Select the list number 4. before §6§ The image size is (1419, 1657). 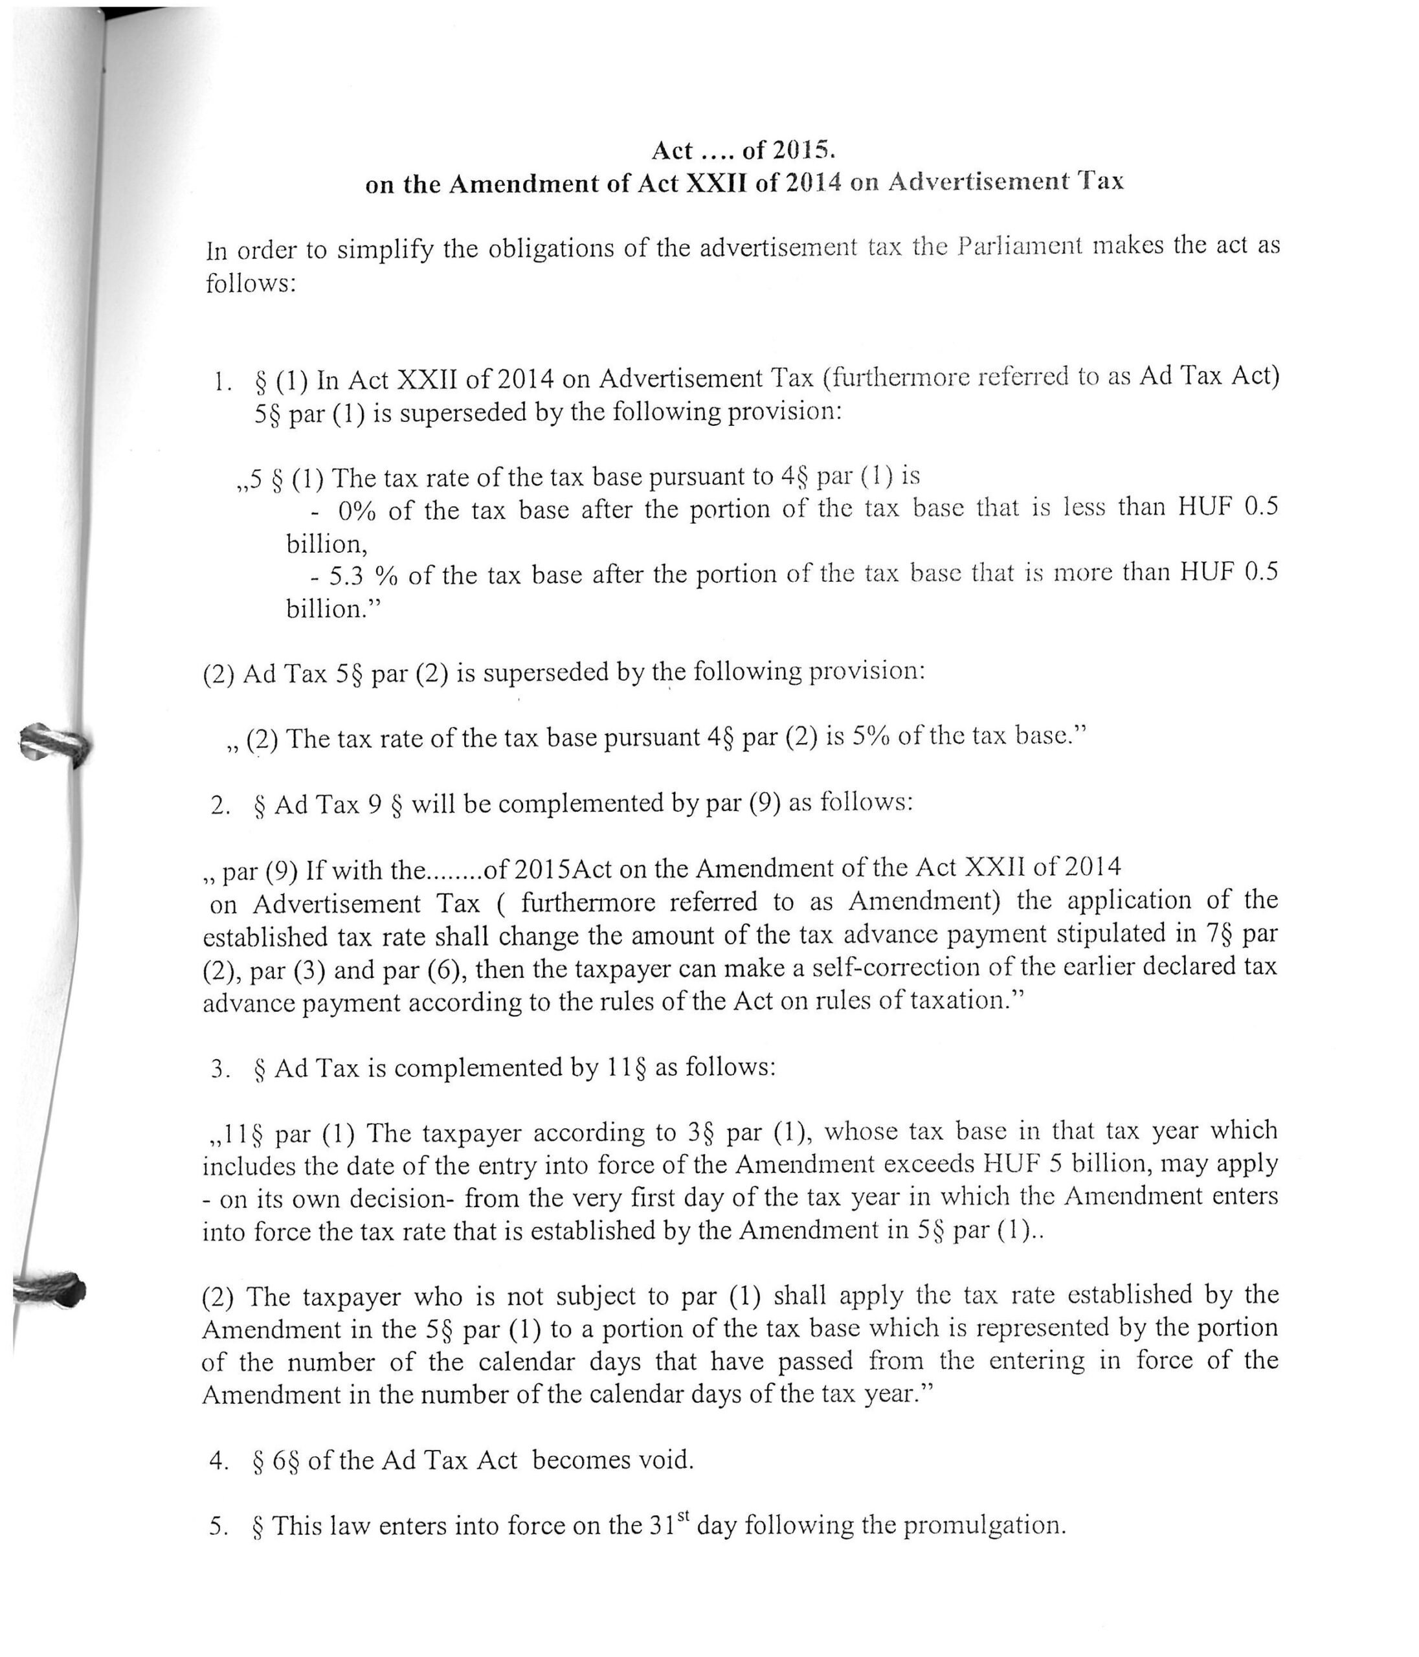click(x=218, y=1461)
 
